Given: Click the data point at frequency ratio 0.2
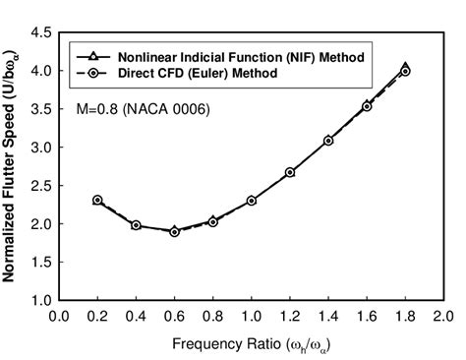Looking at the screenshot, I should pos(97,200).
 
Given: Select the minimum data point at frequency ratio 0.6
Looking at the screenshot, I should pos(174,231).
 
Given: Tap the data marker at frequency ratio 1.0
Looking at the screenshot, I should pos(252,201).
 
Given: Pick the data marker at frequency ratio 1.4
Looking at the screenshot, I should pos(328,141).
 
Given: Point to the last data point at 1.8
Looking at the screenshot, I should pos(405,70).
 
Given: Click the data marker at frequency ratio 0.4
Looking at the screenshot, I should pos(136,225).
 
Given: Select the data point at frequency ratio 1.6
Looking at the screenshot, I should pos(367,106).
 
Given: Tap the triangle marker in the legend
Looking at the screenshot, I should pos(93,57).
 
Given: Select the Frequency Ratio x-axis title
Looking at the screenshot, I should pos(252,343).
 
